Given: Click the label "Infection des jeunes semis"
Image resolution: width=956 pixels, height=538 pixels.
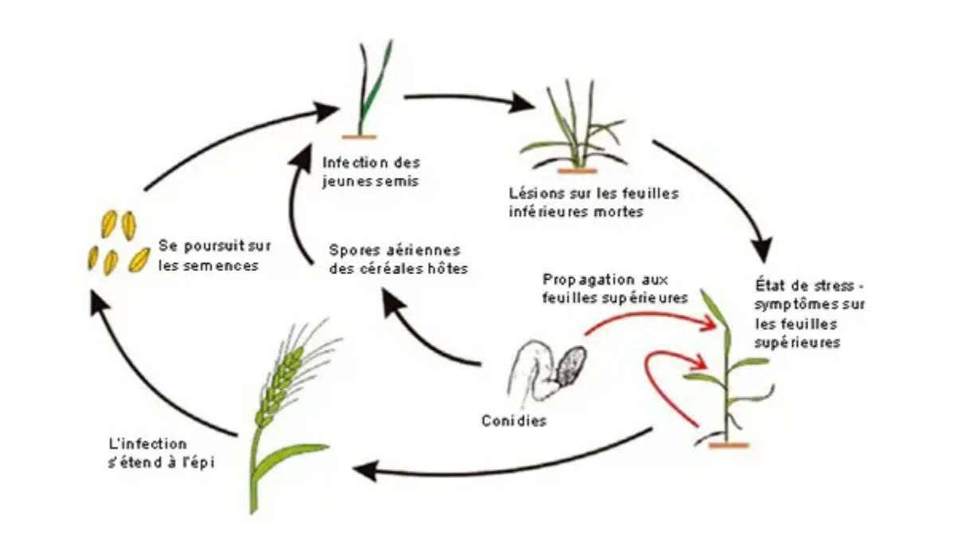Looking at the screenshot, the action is click(371, 171).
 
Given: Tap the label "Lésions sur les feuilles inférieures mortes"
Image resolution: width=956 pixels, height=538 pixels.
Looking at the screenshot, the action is click(594, 202).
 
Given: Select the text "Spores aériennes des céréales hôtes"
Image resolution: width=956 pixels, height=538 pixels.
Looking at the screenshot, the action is click(398, 259).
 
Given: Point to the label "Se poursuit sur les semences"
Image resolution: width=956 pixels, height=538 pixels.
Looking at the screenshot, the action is click(214, 255).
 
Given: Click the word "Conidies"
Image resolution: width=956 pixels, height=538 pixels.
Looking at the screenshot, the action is click(514, 421).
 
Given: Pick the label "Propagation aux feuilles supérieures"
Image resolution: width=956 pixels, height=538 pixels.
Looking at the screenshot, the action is click(615, 289).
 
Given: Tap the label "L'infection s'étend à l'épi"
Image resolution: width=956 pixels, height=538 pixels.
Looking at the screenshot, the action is click(161, 454).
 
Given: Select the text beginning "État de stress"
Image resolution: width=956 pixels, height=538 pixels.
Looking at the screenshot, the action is click(809, 313).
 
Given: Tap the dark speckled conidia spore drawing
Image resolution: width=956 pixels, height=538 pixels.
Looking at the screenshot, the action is click(570, 368).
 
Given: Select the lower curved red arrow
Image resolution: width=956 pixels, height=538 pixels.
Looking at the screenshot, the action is click(650, 384).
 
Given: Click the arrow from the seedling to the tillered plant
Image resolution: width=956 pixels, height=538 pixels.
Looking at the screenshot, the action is click(469, 98).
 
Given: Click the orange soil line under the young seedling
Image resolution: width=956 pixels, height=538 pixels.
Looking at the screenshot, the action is click(359, 137).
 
